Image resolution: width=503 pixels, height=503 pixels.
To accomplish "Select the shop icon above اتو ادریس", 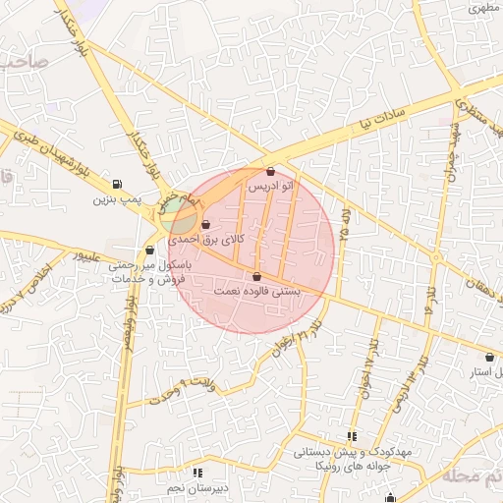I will (x=271, y=171).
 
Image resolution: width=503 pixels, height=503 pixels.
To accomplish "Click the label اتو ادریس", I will (x=270, y=186).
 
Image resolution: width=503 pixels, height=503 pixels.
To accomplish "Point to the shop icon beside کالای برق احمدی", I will (x=205, y=225).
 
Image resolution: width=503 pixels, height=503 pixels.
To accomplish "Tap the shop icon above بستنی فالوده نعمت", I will (x=257, y=276).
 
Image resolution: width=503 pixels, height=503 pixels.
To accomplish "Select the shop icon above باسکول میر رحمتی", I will (x=149, y=250).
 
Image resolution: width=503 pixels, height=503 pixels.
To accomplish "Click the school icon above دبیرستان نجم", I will (x=199, y=473).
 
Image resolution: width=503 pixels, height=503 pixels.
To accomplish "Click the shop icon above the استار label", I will (x=489, y=358).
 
